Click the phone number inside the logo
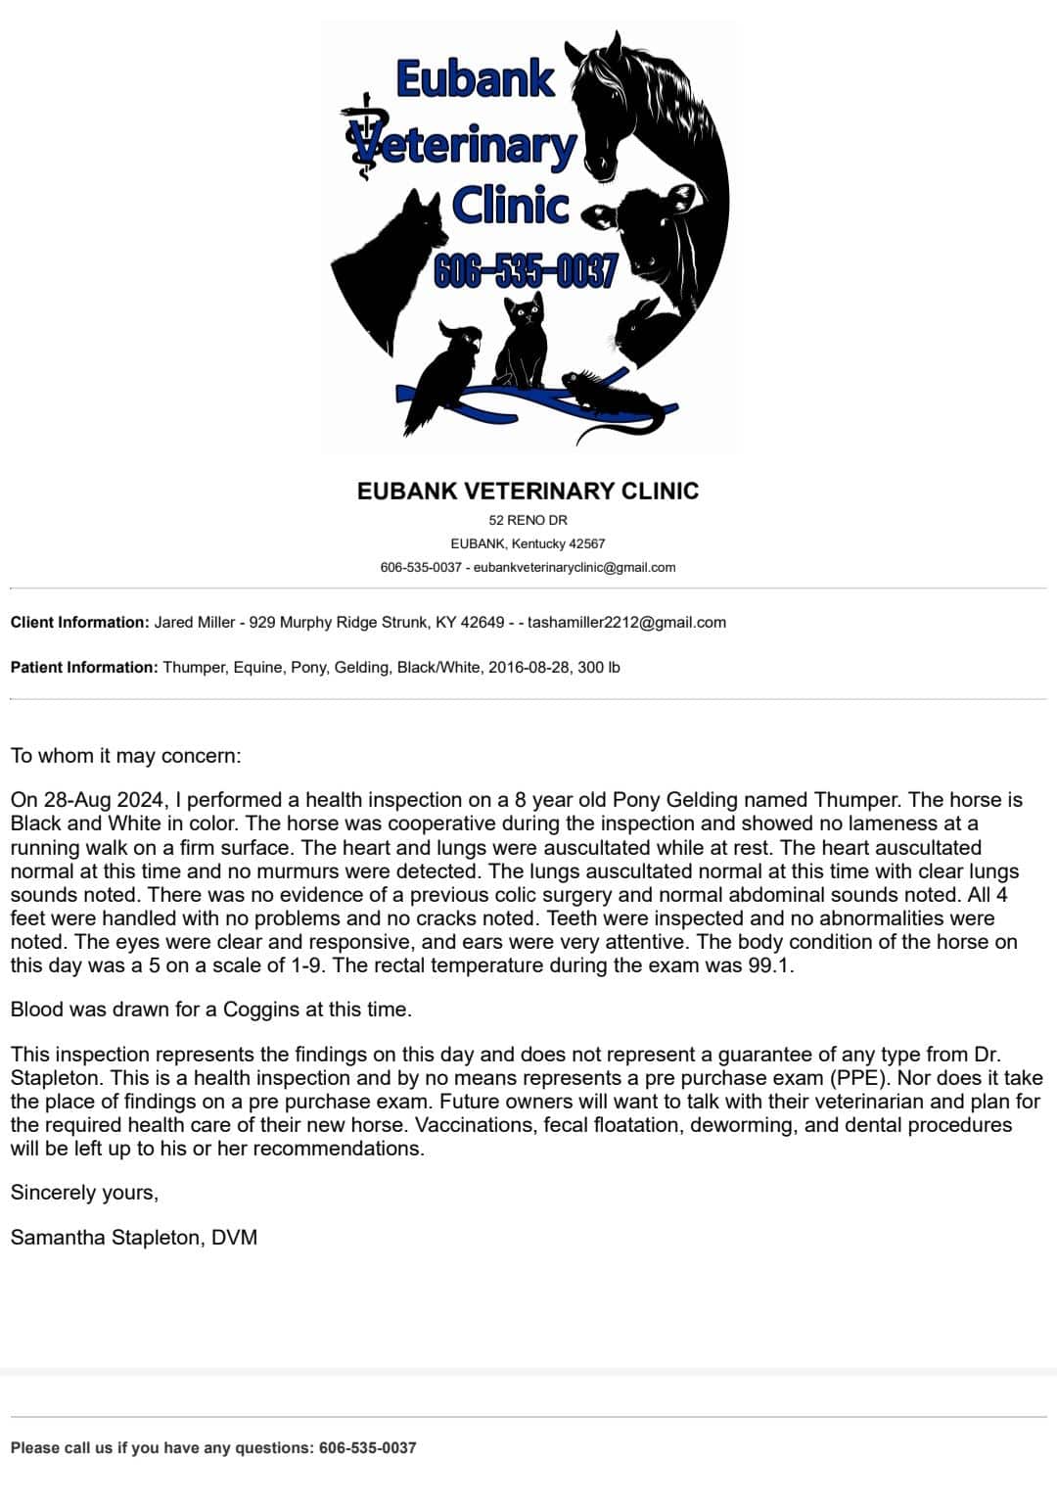click(x=526, y=271)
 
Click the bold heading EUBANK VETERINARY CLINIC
click(x=528, y=491)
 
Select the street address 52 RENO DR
click(x=528, y=520)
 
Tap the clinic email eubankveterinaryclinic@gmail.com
click(x=574, y=567)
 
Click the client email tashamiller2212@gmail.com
click(x=626, y=622)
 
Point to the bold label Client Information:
click(x=79, y=622)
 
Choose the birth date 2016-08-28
click(x=529, y=667)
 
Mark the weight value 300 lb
click(x=599, y=667)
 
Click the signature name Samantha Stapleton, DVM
click(x=134, y=1237)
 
